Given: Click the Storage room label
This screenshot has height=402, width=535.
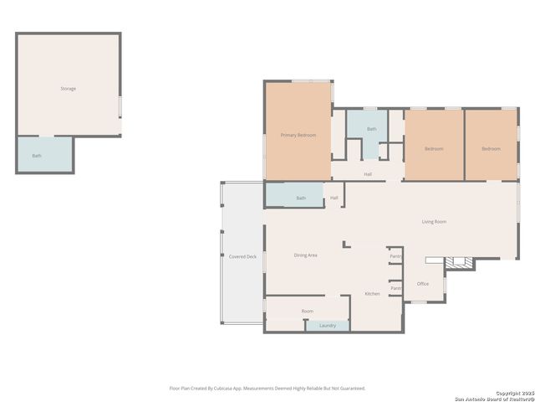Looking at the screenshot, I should (68, 88).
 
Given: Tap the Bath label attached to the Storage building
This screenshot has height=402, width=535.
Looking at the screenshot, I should (37, 156).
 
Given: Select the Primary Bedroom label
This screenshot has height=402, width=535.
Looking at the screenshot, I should (298, 135).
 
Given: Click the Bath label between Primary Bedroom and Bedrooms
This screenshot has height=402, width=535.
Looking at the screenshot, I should (371, 129).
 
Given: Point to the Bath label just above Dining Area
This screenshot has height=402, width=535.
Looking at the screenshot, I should (301, 198).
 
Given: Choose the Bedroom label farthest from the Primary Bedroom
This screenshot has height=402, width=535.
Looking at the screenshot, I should (491, 149).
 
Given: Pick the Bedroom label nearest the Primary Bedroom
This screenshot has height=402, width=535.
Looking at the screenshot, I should (433, 149).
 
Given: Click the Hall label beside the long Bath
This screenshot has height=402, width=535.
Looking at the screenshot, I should (334, 198).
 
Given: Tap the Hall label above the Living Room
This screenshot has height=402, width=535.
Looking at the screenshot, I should (368, 174).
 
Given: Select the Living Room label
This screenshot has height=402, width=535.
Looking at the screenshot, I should (433, 222).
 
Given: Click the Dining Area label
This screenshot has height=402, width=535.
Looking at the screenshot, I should (305, 255).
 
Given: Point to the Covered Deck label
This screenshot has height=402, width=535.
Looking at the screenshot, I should (242, 256).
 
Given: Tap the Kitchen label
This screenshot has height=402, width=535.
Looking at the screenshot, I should (372, 294).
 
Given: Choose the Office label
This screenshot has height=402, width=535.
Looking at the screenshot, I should (423, 284).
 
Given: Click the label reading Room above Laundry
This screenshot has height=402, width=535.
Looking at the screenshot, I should (308, 312).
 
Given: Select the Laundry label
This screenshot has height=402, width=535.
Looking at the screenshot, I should (328, 325).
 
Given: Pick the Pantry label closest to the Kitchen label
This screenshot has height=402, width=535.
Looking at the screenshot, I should (396, 288).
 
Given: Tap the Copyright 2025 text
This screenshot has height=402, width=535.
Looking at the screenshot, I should (512, 392).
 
